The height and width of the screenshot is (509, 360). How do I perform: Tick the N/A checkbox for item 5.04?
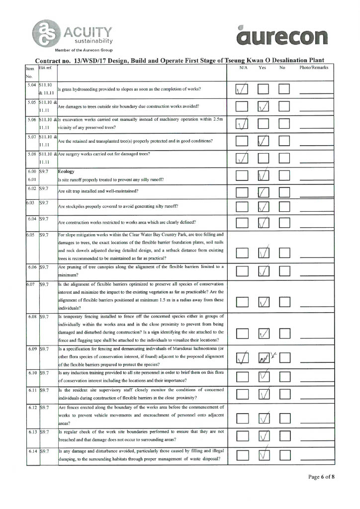[242, 89]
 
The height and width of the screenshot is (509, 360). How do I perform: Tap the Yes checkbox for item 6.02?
[263, 192]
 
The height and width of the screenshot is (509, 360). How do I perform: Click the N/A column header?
[243, 68]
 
